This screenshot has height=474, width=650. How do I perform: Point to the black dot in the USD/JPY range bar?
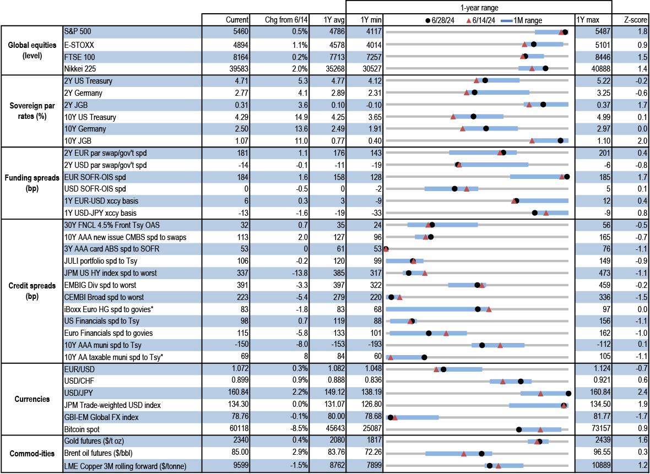click(x=568, y=393)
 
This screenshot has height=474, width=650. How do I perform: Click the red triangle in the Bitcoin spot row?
click(x=540, y=429)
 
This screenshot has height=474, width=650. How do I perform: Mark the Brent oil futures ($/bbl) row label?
click(x=99, y=454)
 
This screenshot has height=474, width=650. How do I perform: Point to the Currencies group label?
click(x=30, y=399)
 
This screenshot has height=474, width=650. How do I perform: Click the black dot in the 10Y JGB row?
click(x=561, y=141)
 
